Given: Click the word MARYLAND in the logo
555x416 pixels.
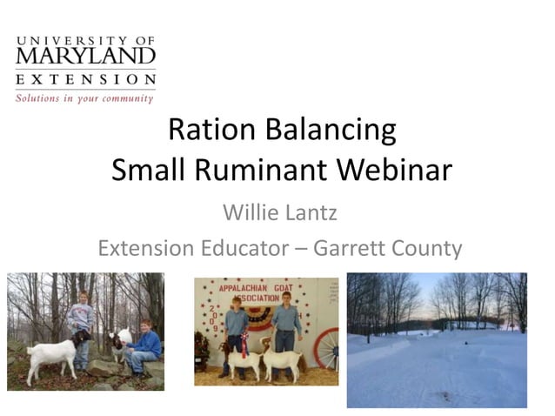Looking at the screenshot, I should coord(85,57).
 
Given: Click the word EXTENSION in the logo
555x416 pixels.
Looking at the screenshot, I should coord(85,80).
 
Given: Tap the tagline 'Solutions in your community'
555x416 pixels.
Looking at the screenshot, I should coord(84,97).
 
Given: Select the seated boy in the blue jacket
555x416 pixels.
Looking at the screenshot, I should coord(144,346).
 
